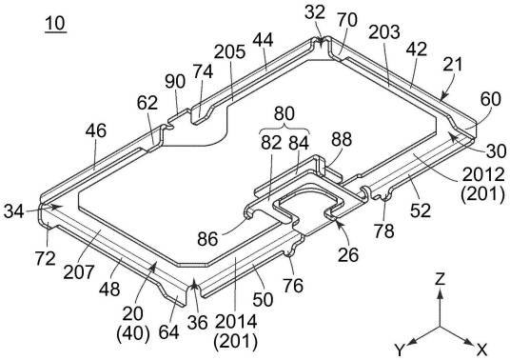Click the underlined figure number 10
click(55, 24)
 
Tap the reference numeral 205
click(229, 51)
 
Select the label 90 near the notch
click(175, 81)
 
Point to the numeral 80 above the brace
click(284, 114)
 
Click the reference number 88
click(342, 139)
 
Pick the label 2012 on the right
click(483, 175)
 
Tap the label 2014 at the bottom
click(236, 322)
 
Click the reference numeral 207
click(79, 271)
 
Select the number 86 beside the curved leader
click(207, 240)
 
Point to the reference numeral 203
click(384, 32)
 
